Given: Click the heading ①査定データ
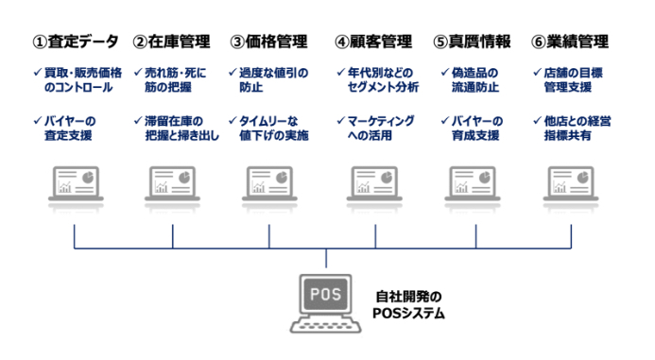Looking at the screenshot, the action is tap(76, 42).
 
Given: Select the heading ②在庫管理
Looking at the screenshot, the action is tap(172, 42).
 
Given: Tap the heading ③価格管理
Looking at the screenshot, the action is tap(269, 42).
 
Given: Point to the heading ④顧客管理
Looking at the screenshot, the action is tap(373, 42).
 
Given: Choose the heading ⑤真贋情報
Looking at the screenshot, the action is tap(472, 42).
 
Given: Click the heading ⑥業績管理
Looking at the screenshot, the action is tap(570, 42).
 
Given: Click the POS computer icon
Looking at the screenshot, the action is tap(326, 303).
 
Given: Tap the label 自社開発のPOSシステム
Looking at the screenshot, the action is tap(408, 305).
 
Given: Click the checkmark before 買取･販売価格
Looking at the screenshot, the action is tap(38, 73).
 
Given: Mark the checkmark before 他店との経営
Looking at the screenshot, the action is tap(537, 121).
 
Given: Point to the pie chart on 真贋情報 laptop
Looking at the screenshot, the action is tap(484, 177).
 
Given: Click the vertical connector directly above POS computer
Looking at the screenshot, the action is tap(326, 258).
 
